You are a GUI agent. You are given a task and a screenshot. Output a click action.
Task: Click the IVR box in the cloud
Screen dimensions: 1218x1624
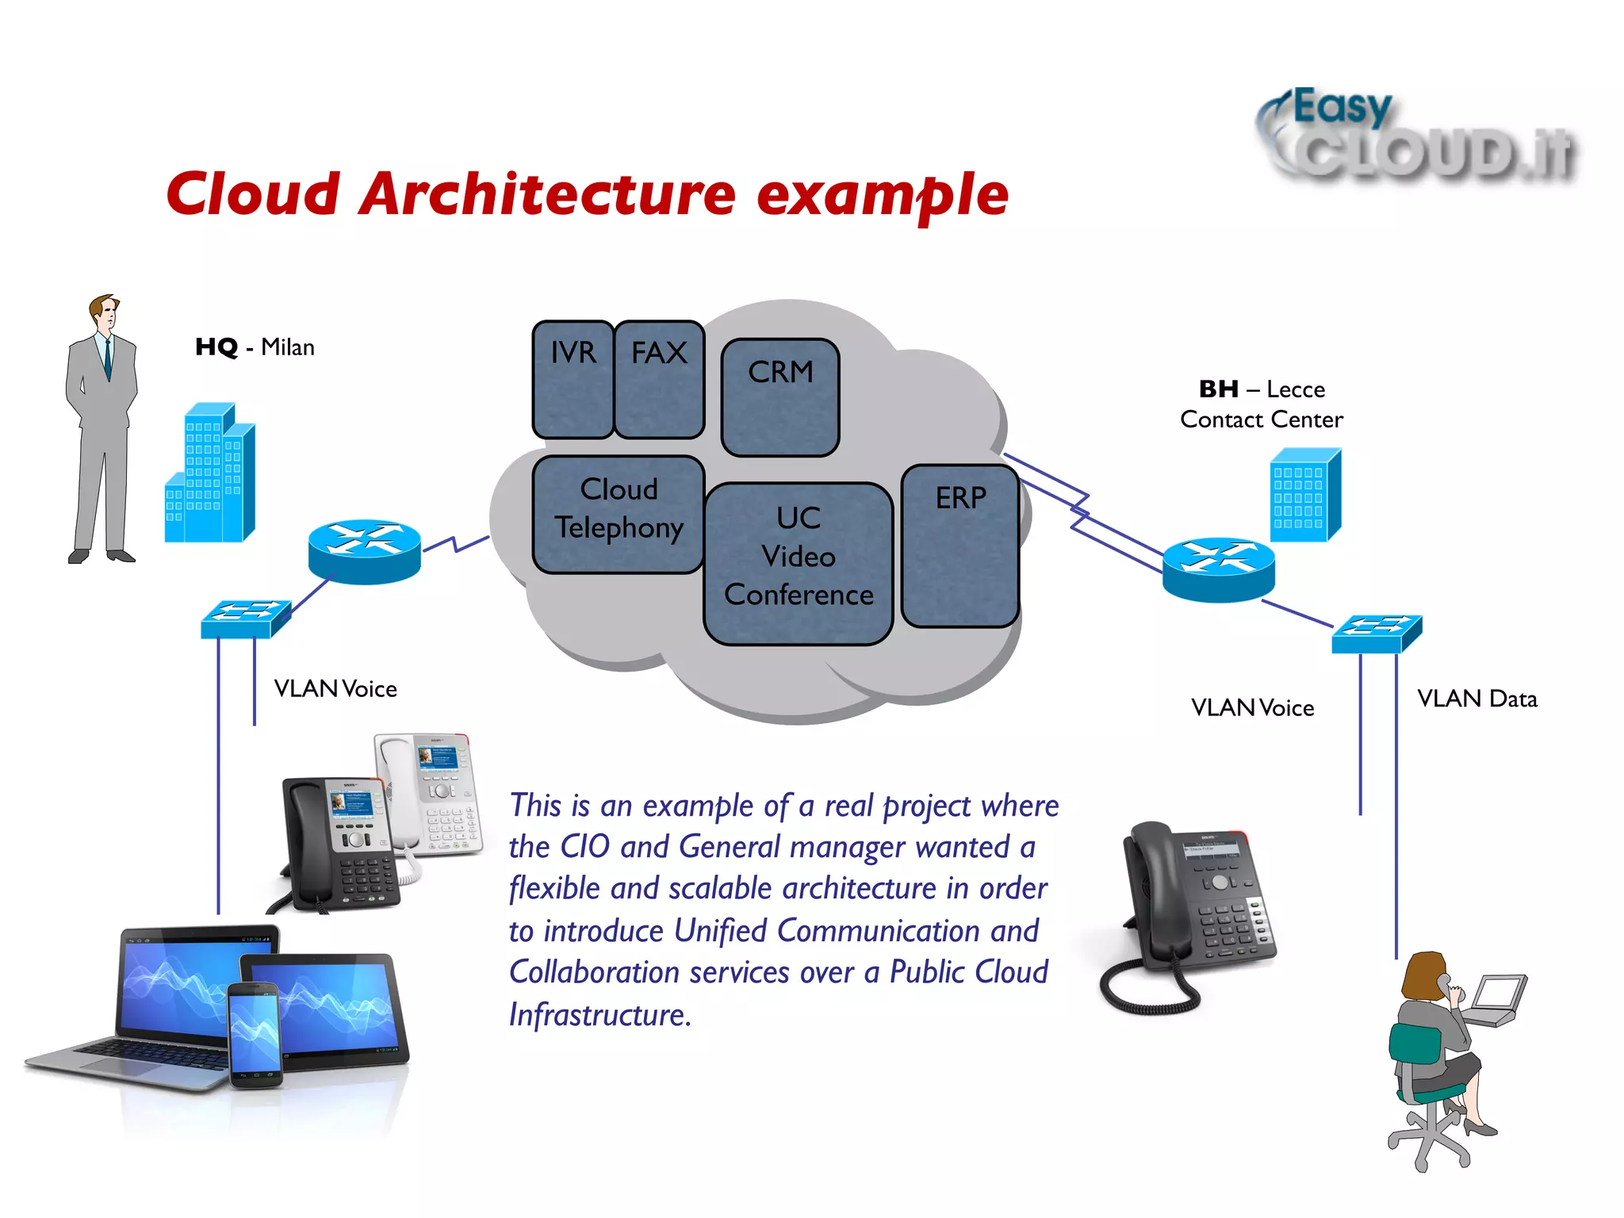(573, 379)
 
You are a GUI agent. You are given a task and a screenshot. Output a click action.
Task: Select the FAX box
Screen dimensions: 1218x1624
(659, 379)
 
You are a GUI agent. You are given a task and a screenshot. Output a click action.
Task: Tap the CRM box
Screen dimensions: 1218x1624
(780, 397)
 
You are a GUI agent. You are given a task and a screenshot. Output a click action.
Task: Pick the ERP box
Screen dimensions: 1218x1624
(960, 546)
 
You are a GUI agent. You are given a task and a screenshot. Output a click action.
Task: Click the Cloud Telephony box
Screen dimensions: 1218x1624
(619, 513)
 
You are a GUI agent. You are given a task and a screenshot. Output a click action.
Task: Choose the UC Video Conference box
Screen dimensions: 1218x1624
(799, 563)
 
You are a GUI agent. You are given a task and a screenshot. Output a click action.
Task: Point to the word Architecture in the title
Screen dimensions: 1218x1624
(547, 194)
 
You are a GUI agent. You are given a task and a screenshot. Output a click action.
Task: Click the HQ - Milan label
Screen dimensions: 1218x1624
(255, 347)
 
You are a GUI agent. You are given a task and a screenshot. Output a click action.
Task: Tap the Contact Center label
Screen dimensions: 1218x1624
(1261, 419)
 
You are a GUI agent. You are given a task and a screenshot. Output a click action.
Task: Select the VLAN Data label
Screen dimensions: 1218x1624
(1477, 699)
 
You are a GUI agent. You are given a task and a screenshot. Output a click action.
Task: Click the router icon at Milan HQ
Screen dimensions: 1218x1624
(365, 552)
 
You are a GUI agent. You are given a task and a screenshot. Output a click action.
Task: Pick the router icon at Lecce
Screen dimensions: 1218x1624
(1219, 569)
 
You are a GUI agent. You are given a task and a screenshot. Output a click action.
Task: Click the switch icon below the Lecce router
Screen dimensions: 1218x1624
(1377, 634)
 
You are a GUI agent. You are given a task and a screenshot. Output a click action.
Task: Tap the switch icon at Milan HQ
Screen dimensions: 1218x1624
(246, 619)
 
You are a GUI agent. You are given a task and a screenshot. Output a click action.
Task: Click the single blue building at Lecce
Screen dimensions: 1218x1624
(1304, 496)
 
